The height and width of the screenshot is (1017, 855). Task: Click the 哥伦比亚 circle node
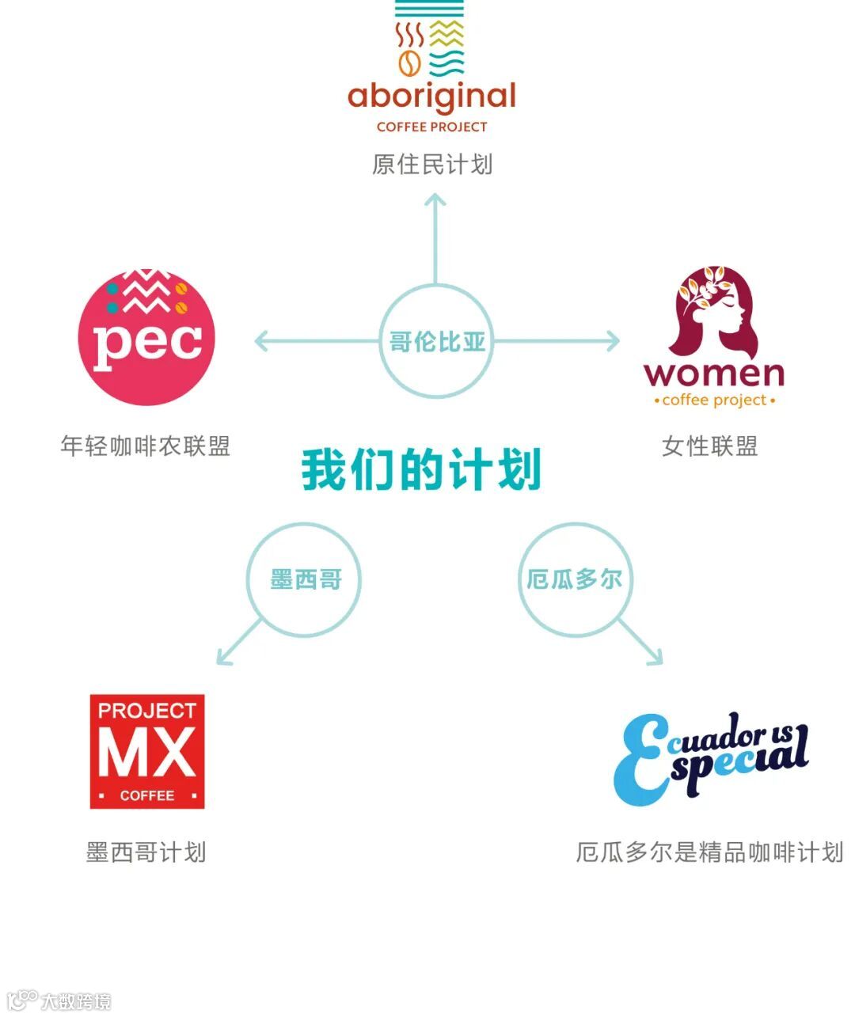(x=436, y=342)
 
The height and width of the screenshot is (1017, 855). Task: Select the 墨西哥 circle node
(x=305, y=579)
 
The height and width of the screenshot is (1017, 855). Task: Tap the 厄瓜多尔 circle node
(x=575, y=579)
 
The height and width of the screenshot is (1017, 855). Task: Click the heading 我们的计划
(x=421, y=469)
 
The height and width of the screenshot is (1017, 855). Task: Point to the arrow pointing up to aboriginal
(x=435, y=237)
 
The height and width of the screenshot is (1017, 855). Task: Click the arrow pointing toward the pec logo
(x=317, y=342)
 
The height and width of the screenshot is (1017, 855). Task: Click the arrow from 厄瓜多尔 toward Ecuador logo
(x=640, y=642)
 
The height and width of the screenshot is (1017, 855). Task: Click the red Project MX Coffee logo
(x=147, y=752)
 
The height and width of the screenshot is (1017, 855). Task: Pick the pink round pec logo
(x=146, y=338)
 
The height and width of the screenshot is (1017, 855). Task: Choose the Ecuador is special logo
(x=711, y=757)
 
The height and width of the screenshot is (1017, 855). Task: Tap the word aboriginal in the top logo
(x=431, y=97)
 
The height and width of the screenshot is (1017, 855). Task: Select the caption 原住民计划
(x=432, y=165)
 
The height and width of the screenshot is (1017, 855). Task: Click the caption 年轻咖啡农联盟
(x=146, y=446)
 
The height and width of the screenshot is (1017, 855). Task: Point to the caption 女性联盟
(x=710, y=446)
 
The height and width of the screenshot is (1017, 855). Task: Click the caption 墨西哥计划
(x=146, y=852)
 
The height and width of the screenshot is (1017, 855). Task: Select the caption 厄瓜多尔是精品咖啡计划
(x=710, y=852)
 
